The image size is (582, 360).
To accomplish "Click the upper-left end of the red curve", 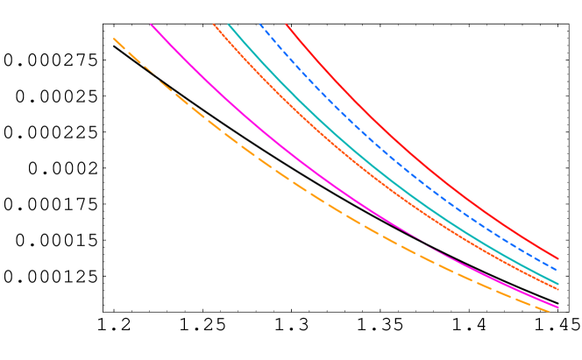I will [x=287, y=25].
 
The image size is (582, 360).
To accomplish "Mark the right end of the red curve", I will [x=558, y=258].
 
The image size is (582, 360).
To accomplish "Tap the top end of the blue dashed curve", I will [x=260, y=25].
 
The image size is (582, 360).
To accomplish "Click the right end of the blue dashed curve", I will [x=558, y=270].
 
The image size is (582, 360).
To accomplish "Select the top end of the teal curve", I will [x=229, y=25].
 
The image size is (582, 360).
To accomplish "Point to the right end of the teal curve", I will [x=558, y=283].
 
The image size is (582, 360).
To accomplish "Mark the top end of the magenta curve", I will [x=152, y=25].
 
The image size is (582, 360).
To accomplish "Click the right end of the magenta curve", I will [x=558, y=307].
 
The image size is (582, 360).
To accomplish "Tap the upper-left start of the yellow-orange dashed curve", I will [x=114, y=39].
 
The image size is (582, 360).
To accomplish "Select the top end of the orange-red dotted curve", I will [x=214, y=25].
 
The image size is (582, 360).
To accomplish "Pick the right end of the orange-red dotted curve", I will [x=558, y=289].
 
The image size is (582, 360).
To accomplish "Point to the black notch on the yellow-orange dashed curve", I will [x=151, y=73].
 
